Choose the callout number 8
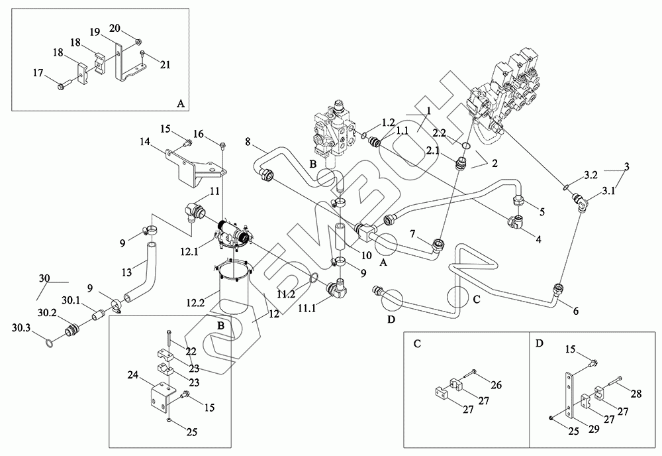click(x=248, y=141)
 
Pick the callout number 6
click(x=573, y=310)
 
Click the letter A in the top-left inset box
click(x=180, y=103)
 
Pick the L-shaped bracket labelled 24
click(x=159, y=398)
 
